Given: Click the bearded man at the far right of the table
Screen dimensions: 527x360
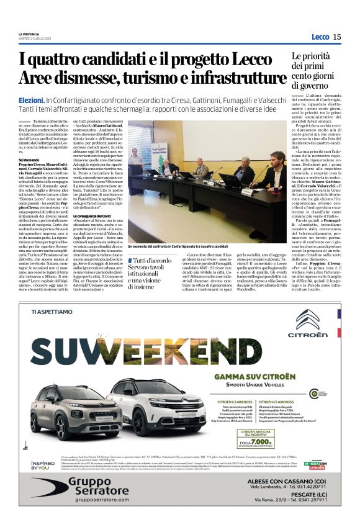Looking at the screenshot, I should click(276, 169).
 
